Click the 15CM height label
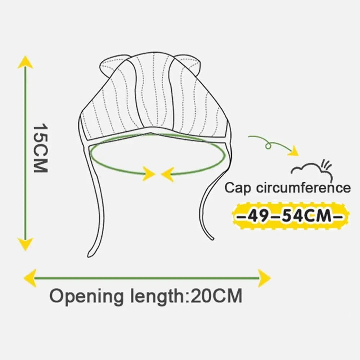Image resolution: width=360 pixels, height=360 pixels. pyautogui.click(x=40, y=149)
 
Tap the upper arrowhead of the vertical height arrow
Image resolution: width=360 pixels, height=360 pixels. pyautogui.click(x=25, y=63)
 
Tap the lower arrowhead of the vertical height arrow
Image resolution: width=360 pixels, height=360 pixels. pyautogui.click(x=25, y=244)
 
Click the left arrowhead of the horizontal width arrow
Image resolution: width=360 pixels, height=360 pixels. pyautogui.click(x=30, y=278)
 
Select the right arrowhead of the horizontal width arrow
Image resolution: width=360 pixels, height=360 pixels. pyautogui.click(x=264, y=278)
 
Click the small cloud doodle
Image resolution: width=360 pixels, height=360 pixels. pyautogui.click(x=311, y=169)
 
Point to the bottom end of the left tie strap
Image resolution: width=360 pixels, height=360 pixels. pyautogui.click(x=90, y=254)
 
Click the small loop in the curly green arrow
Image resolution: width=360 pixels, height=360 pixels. pyautogui.click(x=267, y=145)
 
